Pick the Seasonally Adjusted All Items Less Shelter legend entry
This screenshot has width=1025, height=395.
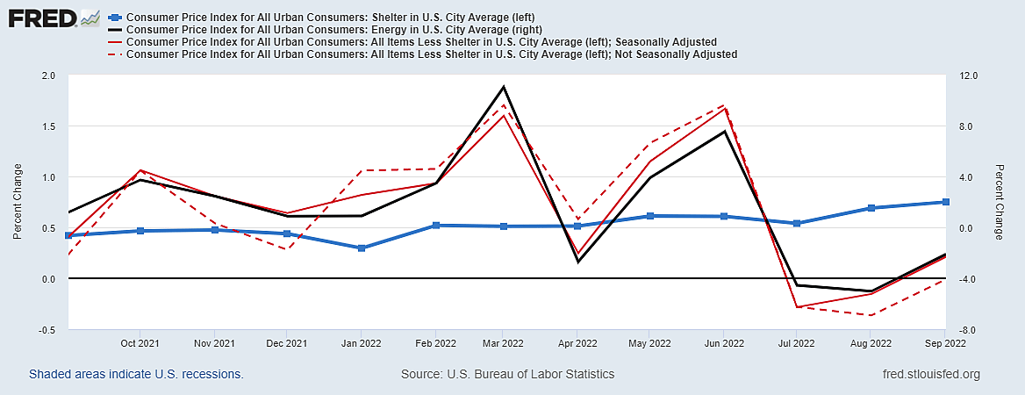[422, 41]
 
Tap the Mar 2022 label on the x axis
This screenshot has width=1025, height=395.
[504, 343]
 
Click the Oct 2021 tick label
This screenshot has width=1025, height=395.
[140, 343]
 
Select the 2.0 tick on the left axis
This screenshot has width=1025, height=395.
[47, 75]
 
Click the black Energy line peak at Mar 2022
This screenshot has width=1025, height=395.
[504, 87]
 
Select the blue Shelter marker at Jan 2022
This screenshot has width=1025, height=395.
[361, 248]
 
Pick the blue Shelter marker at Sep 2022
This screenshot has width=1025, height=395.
[945, 202]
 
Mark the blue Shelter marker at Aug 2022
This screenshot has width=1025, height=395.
[871, 208]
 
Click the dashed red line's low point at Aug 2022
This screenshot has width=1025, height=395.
[871, 315]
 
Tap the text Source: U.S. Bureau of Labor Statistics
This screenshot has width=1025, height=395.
[507, 374]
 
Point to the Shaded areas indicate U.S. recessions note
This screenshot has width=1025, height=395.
[136, 374]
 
